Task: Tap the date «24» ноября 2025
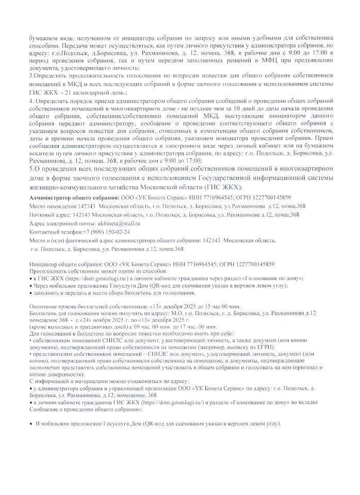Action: click(101, 320)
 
